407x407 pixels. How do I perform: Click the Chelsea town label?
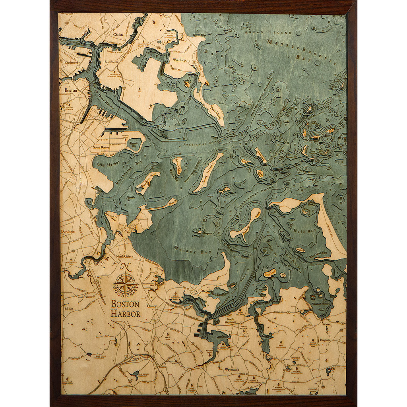118,35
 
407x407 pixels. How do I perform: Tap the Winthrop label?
180,60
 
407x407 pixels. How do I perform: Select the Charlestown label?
71,62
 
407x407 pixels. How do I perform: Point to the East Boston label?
112,62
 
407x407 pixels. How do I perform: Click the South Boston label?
101,147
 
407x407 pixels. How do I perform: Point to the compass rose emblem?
125,284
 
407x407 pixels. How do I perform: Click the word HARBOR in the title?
126,314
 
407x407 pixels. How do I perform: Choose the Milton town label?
69,308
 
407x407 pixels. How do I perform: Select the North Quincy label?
124,256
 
